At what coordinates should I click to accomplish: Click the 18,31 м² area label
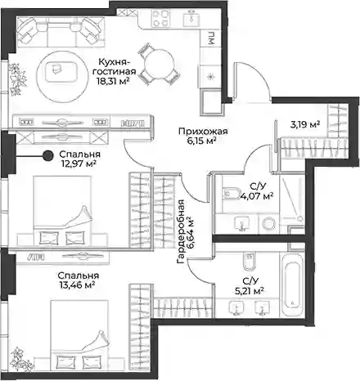[113, 81]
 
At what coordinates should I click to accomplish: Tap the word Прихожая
[203, 132]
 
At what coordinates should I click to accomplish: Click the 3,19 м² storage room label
[305, 125]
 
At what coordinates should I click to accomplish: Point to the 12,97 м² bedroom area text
[79, 164]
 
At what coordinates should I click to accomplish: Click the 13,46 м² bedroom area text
[77, 285]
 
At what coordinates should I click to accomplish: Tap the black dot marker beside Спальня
[48, 155]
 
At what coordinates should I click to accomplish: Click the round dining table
[159, 64]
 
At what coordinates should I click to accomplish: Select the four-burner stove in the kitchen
[160, 18]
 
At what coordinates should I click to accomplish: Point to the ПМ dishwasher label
[211, 38]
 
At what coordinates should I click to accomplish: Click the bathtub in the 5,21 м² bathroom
[292, 285]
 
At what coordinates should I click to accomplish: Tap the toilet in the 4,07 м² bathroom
[232, 194]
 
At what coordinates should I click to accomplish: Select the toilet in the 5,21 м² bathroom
[250, 261]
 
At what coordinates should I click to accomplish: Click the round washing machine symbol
[269, 224]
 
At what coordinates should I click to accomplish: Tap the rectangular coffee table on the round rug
[61, 72]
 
